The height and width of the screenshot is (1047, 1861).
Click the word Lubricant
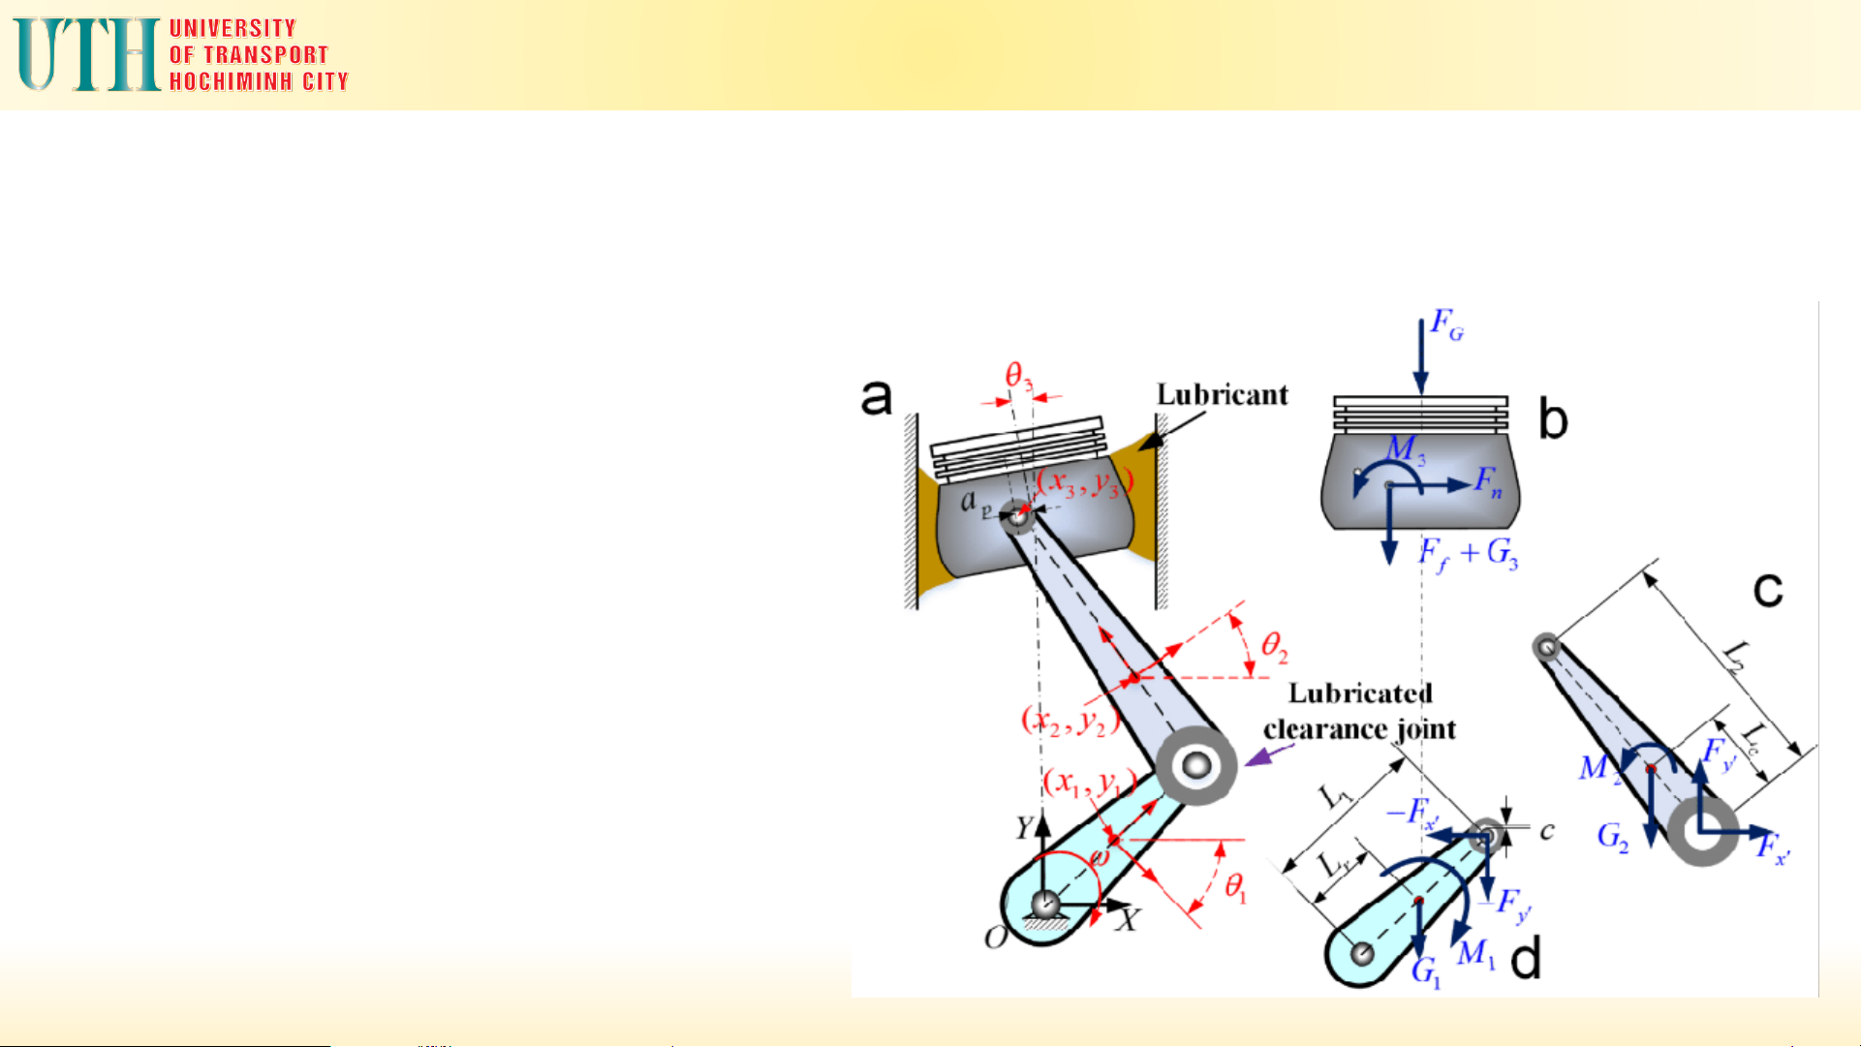point(1222,394)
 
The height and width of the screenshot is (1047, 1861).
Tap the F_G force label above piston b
point(1446,324)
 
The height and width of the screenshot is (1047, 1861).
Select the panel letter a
point(876,397)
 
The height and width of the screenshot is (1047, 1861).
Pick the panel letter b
point(1552,420)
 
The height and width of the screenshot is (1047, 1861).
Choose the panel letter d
point(1525,959)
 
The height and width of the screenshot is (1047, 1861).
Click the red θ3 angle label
point(1017,376)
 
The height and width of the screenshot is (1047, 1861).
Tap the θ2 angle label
point(1274,646)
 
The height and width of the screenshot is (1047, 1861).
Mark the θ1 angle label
point(1235,886)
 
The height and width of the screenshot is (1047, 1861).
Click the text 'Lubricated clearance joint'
point(1359,711)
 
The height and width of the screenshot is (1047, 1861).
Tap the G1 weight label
point(1425,971)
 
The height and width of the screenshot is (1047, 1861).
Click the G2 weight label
point(1612,836)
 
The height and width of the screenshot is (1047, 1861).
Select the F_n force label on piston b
point(1488,481)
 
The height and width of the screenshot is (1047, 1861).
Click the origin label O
point(995,938)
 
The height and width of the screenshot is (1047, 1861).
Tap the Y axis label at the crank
point(1025,827)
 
